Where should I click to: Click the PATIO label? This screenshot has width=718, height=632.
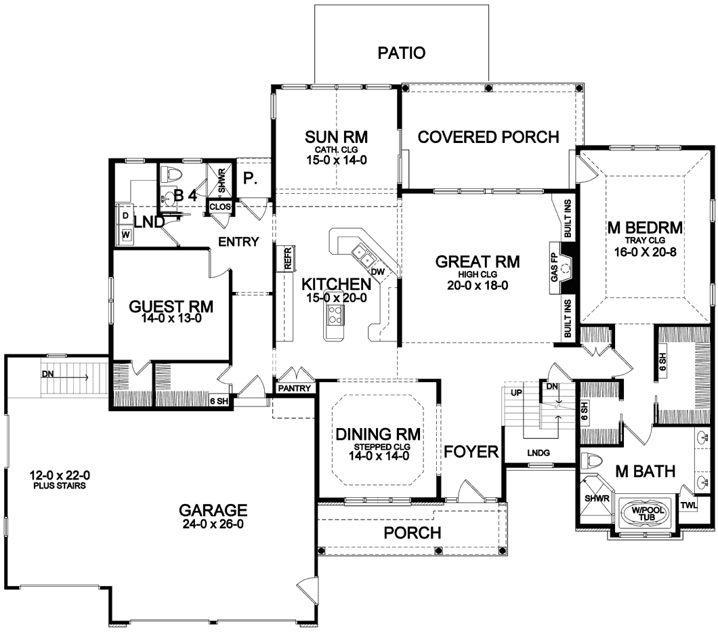coord(401,53)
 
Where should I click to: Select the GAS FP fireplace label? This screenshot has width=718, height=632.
coord(554,268)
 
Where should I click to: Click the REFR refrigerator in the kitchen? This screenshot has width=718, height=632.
coord(288,258)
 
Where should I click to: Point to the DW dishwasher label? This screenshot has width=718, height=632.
coord(378,272)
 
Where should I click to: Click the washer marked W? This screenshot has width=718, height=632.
coord(125,235)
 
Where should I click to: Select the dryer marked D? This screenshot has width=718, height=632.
coord(125,215)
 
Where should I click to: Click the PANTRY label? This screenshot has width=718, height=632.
coord(295,388)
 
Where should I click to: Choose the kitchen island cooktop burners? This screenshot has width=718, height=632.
coord(335,314)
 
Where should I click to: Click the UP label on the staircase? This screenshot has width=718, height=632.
coord(517,392)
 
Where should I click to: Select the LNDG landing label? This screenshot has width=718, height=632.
coord(538,453)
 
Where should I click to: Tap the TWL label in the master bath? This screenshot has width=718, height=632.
coord(688,505)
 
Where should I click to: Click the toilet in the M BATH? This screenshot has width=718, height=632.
coord(591,459)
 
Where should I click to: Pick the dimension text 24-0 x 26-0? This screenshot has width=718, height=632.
coord(213,524)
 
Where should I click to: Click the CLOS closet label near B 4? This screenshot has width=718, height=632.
coord(220,207)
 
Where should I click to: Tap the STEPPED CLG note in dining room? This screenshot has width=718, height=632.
coord(382,447)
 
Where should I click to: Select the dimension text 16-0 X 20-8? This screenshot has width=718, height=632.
coord(646,251)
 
